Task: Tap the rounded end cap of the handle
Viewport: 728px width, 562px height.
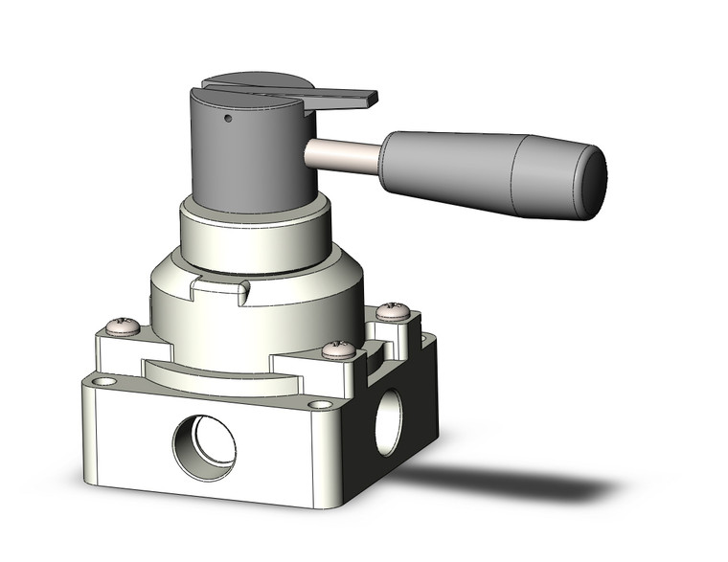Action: point(594,183)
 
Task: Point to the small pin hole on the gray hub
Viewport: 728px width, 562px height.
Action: point(228,121)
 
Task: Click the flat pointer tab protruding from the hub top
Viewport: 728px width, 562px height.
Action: point(345,98)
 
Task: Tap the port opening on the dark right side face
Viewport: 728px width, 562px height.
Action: point(388,421)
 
